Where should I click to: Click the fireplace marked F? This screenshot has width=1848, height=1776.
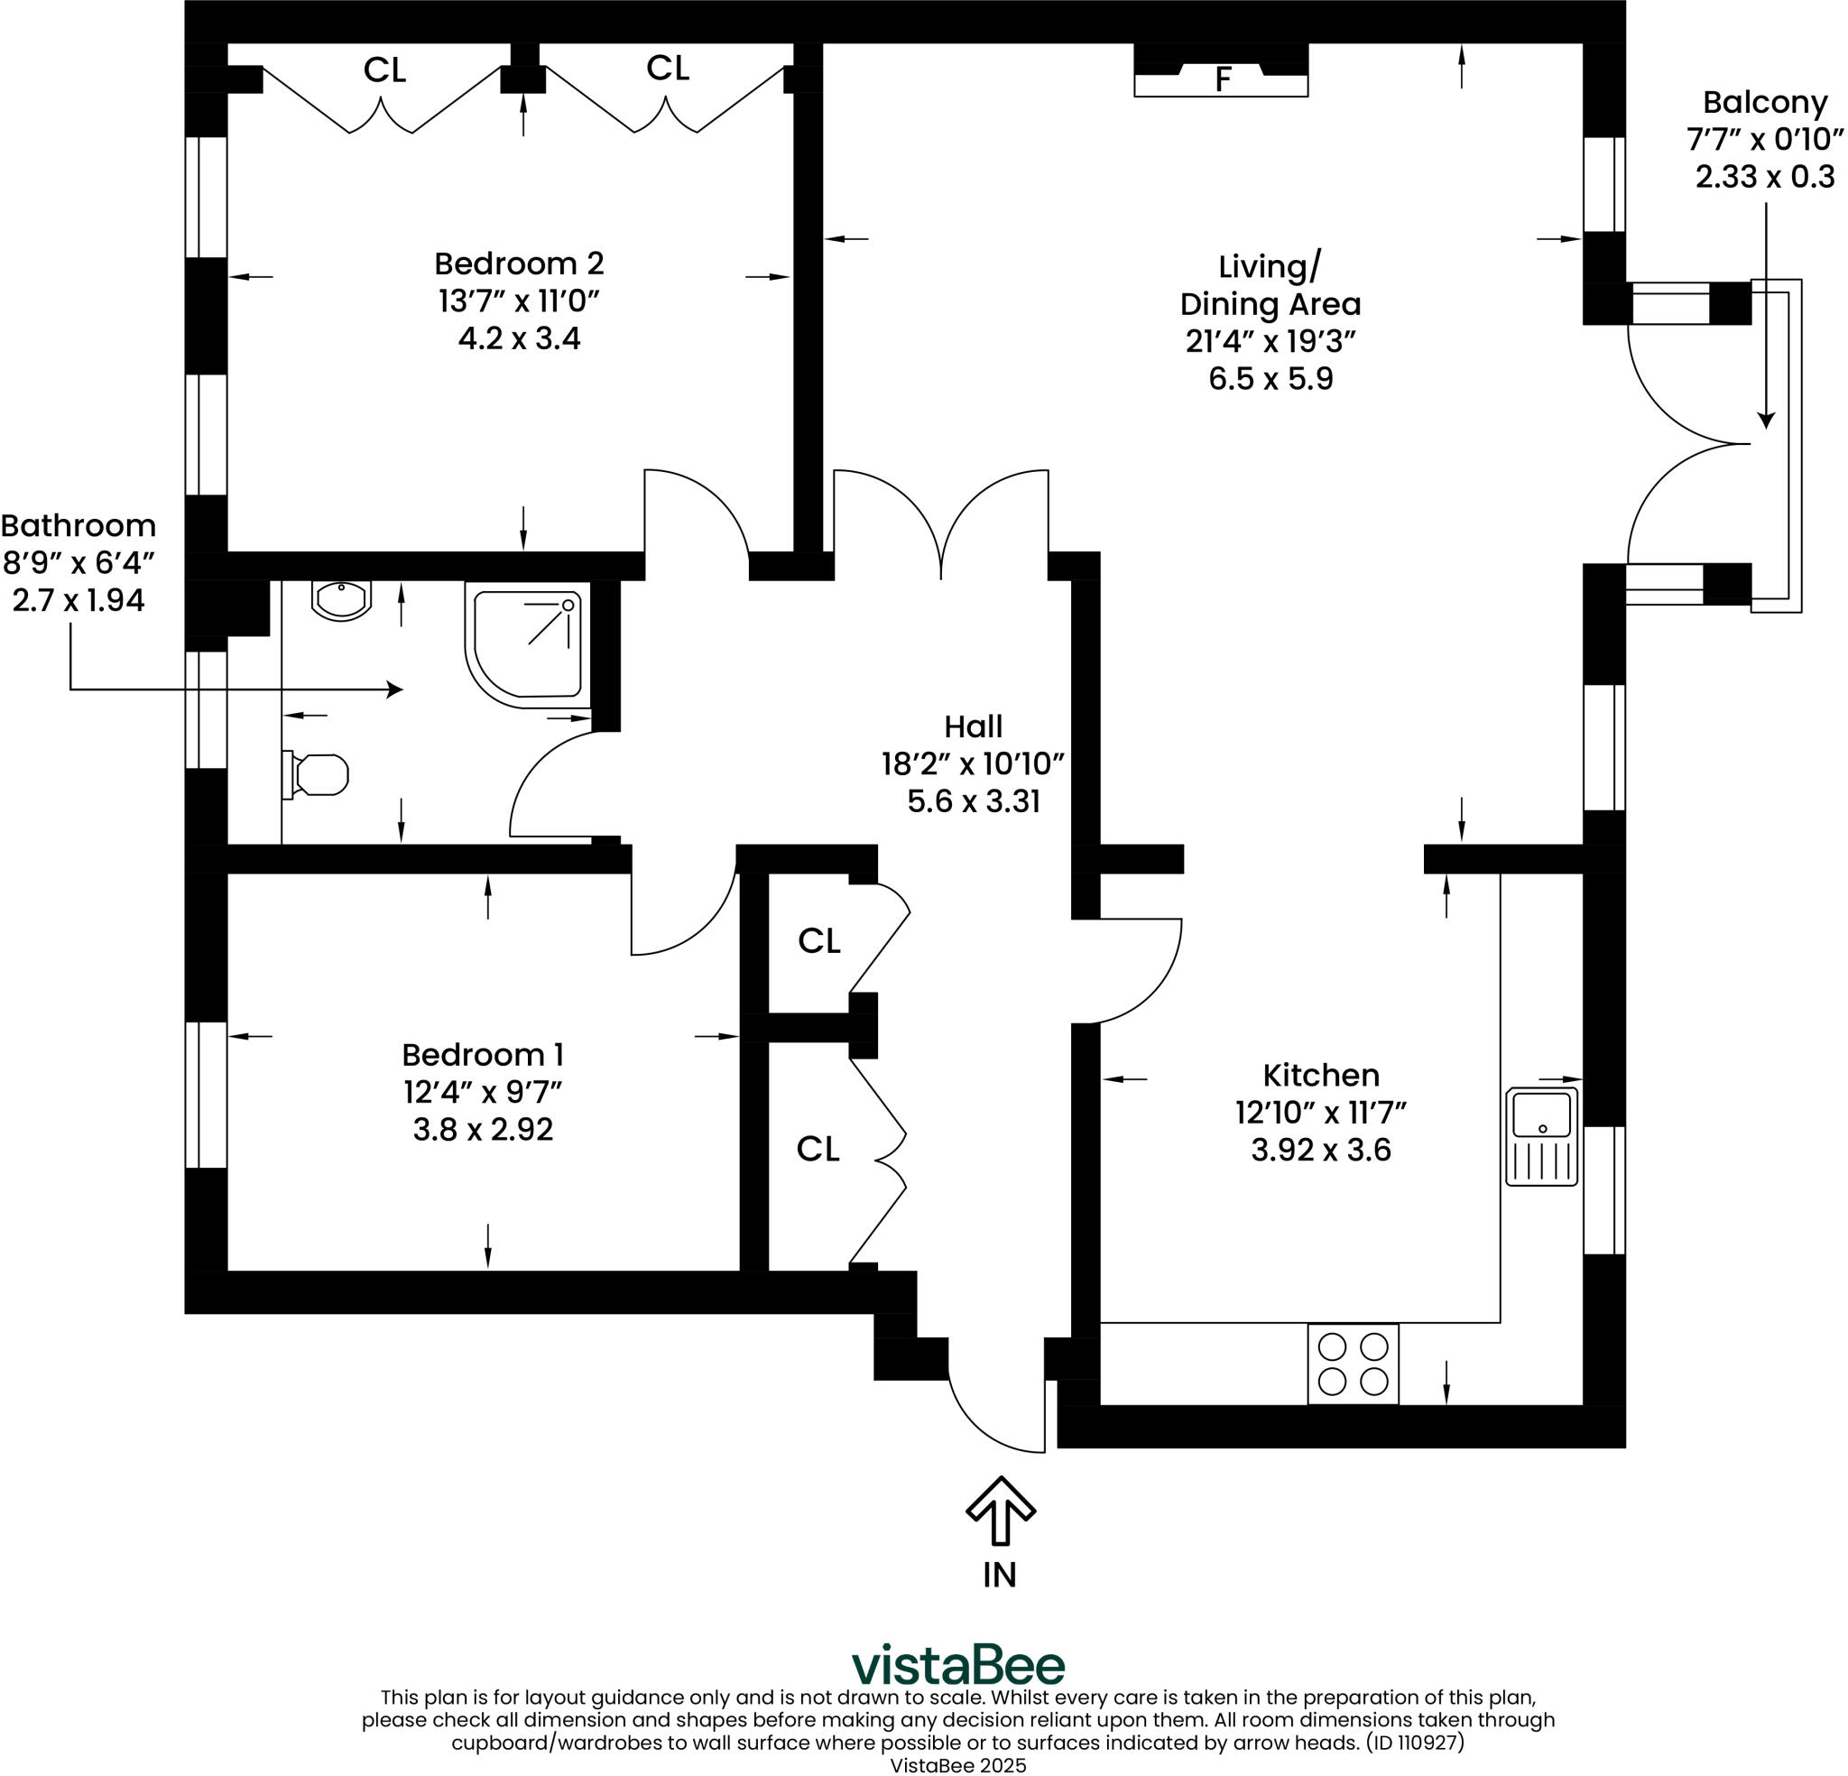[1221, 79]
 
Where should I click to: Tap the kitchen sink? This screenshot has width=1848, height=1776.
[1541, 1135]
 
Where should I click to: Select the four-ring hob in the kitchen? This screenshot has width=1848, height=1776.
[1352, 1364]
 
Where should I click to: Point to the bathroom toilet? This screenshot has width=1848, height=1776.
[318, 774]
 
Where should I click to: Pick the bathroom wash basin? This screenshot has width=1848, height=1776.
[341, 600]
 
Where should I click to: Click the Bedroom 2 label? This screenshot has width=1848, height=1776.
[519, 264]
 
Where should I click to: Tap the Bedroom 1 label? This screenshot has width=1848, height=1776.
[482, 1053]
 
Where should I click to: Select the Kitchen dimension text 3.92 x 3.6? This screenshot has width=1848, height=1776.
[1320, 1150]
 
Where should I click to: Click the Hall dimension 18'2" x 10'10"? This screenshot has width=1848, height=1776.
[973, 763]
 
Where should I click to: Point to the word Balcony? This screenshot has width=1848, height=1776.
[1764, 102]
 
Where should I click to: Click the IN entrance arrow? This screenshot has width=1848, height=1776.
[1001, 1510]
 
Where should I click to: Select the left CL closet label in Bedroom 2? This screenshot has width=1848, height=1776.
[384, 69]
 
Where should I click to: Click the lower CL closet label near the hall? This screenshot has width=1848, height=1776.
[818, 1148]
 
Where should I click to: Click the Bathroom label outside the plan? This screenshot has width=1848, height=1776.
[79, 525]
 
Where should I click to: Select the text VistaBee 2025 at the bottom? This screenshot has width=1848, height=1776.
[958, 1764]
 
